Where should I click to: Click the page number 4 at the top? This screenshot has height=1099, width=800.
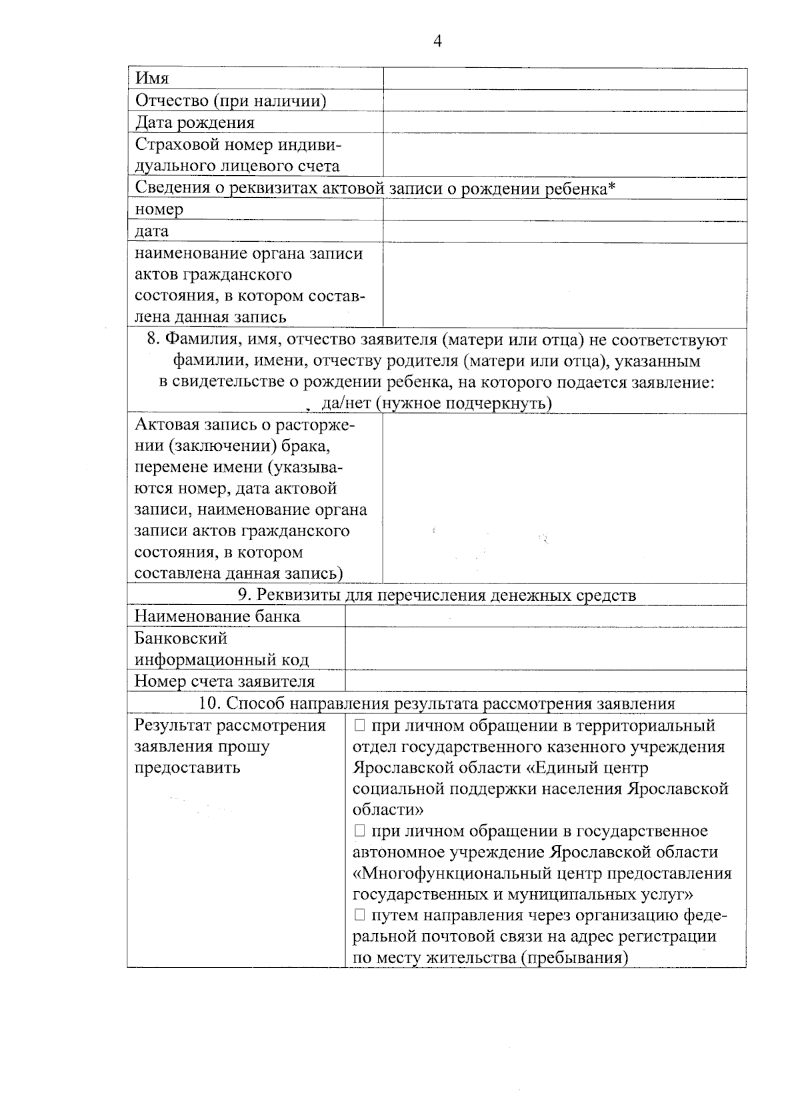(x=437, y=41)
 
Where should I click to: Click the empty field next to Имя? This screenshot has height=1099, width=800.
(x=564, y=79)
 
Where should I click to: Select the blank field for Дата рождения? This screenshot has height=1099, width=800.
(x=564, y=123)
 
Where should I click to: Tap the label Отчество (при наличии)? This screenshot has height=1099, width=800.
(x=231, y=101)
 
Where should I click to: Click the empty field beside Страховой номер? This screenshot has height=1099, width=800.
(x=564, y=155)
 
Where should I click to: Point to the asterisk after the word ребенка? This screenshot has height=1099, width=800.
(x=611, y=188)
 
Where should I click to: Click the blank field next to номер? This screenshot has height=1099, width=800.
(x=564, y=210)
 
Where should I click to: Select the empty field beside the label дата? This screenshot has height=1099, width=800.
(x=564, y=232)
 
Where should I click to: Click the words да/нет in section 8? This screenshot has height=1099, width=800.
(x=341, y=404)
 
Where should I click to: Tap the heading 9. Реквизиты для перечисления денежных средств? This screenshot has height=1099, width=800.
(x=437, y=595)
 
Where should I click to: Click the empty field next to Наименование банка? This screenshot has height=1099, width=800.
(x=545, y=617)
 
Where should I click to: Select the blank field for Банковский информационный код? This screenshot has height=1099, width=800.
(x=545, y=649)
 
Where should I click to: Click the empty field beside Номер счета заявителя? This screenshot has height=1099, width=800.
(x=545, y=681)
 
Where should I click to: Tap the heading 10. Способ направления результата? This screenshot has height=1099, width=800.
(x=437, y=703)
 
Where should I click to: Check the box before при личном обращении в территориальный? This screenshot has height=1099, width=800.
(x=360, y=725)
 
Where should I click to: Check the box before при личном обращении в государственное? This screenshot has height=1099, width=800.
(x=360, y=831)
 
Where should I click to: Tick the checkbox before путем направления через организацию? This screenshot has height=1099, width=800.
(x=360, y=915)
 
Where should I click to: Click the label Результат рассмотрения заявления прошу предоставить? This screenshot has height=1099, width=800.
(x=231, y=746)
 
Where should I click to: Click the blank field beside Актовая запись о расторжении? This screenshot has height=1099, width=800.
(x=564, y=498)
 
